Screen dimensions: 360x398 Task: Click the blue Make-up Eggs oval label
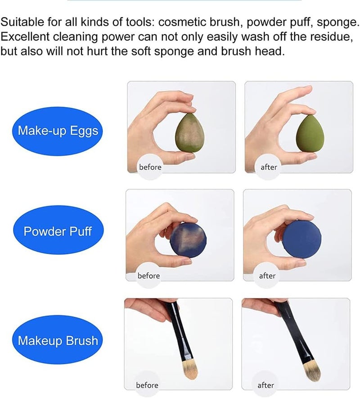(x=57, y=131)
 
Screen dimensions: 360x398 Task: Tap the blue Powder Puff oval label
(x=58, y=230)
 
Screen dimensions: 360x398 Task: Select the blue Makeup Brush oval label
(x=58, y=339)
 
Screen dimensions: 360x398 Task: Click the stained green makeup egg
(x=190, y=132)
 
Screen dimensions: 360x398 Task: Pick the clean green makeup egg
(x=310, y=133)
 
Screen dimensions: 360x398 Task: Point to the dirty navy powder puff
(x=188, y=240)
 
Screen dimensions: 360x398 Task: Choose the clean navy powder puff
(x=302, y=240)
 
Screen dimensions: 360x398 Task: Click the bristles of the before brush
(x=190, y=371)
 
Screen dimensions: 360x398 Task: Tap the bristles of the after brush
(x=312, y=372)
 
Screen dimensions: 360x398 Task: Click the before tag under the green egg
(x=150, y=167)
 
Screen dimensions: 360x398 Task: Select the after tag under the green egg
(x=269, y=167)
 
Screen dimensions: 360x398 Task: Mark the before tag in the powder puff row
(x=148, y=276)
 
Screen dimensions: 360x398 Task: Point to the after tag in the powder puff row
(x=267, y=276)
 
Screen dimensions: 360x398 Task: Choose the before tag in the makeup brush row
(x=147, y=385)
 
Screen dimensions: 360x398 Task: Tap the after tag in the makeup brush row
(x=265, y=385)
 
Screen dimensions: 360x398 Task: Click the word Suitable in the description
(x=22, y=22)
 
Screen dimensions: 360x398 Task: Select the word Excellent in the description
(x=25, y=36)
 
